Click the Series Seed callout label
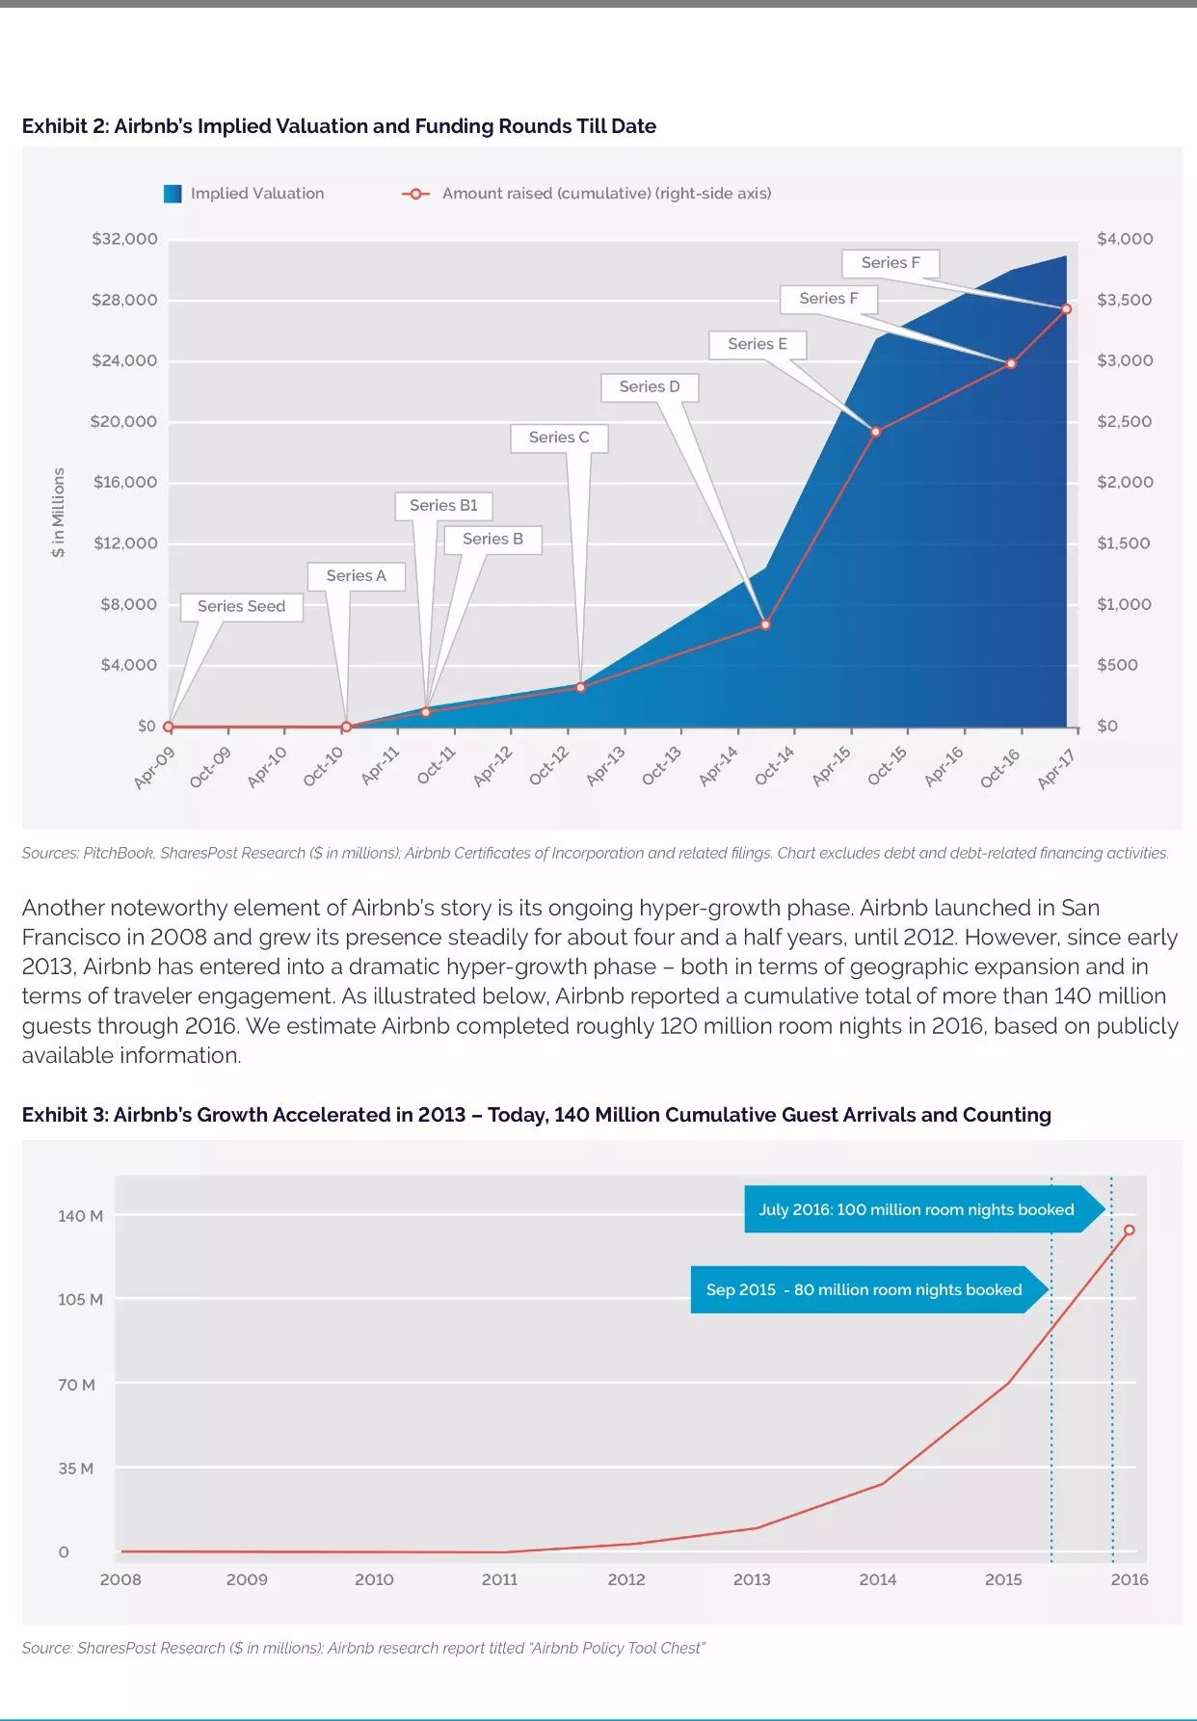tap(241, 606)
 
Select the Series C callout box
tap(559, 437)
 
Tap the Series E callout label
tap(758, 344)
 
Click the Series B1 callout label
tap(443, 506)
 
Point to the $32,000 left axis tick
tap(124, 239)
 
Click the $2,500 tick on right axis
tap(1125, 421)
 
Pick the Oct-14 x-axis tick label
tap(775, 766)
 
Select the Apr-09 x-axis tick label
tap(154, 768)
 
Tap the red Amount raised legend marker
tap(415, 194)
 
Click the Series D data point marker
tap(766, 625)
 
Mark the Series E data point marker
tap(876, 432)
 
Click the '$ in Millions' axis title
tap(59, 513)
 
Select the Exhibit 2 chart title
tap(339, 126)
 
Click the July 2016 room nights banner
tap(916, 1209)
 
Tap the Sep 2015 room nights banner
tap(864, 1289)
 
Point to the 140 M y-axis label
tap(80, 1216)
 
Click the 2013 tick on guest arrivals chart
tap(752, 1579)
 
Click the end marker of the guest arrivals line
tap(1129, 1230)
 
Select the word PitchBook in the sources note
tap(118, 853)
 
